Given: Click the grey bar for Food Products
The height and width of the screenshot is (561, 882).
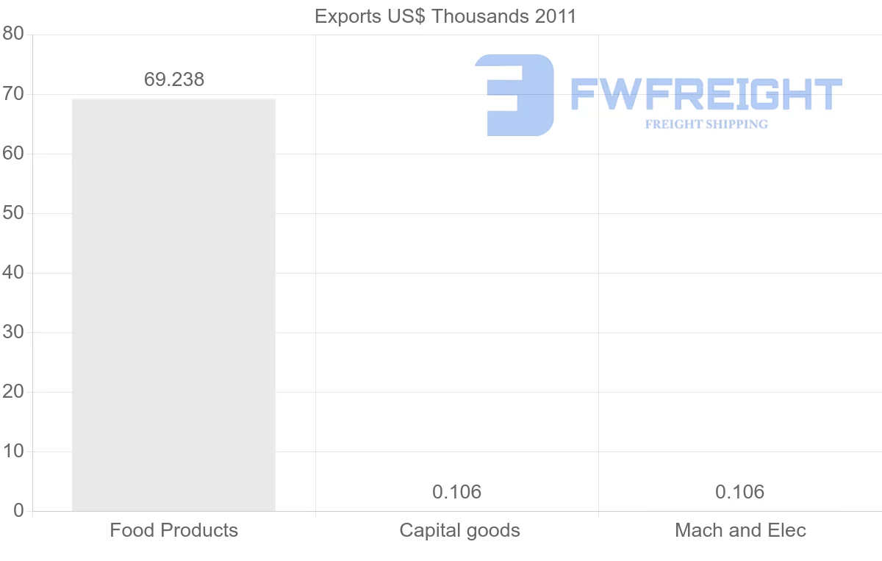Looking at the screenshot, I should point(173,304).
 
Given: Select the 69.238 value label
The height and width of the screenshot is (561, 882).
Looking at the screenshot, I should point(174,80).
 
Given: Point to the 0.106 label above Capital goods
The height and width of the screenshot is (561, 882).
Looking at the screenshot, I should point(457,492).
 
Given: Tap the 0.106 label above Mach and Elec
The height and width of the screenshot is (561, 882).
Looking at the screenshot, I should point(740,492).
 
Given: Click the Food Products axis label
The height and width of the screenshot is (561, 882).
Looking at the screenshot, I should point(174,530).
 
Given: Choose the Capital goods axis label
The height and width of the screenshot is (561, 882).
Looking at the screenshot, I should point(459,530).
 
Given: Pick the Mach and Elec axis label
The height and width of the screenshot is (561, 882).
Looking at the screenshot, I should point(740,530).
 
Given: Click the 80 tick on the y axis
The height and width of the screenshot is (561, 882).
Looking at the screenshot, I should point(13,35).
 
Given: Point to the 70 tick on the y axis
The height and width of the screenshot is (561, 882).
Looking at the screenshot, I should point(13,94).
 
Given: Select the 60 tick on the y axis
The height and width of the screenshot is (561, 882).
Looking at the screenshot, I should point(13,154).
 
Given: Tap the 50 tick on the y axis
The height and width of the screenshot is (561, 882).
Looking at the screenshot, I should point(13,213).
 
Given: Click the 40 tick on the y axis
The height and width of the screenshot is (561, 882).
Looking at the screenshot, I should point(13,273).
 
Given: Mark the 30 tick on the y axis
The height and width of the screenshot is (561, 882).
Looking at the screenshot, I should point(13,332).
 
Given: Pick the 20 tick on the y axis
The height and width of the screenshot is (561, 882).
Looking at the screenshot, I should point(13,392).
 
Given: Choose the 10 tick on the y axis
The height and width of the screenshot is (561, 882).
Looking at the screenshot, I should point(13,451).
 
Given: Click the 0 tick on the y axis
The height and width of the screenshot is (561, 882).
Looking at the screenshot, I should point(18,511).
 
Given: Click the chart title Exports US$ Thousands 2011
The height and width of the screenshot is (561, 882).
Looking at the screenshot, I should point(445,16).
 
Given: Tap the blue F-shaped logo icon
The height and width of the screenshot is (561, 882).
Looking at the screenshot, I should point(514,95).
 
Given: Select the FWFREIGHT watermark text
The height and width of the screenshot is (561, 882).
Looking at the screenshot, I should point(706,95).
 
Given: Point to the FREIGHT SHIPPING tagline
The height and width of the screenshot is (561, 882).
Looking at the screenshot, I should point(706,124).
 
